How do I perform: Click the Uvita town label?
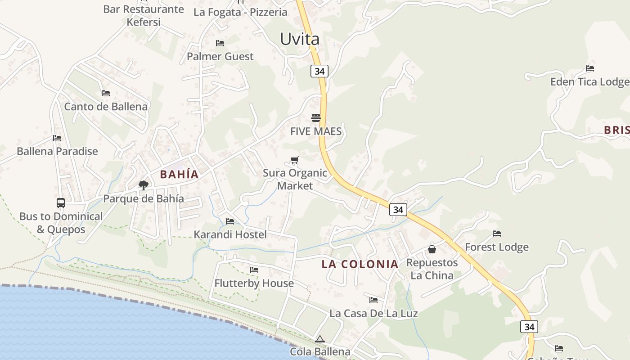300,39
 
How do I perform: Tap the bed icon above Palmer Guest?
220,43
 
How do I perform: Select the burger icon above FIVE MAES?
316,118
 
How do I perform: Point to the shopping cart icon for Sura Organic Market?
295,160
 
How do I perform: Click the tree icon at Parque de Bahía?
144,185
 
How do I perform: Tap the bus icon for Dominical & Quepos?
61,203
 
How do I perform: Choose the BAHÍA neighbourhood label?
179,175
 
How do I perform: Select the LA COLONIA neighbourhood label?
360,264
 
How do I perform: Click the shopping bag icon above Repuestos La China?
432,249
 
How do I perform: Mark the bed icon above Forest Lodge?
497,234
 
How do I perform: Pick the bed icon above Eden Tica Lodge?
590,68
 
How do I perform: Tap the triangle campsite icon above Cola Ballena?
320,339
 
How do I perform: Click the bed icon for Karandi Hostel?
230,221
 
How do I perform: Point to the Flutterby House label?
254,283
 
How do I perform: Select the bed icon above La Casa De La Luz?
373,300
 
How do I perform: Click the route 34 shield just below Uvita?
319,71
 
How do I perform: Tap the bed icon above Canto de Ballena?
106,93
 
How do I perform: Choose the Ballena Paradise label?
57,151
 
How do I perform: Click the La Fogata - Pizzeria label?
240,12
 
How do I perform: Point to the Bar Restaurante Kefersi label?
144,15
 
